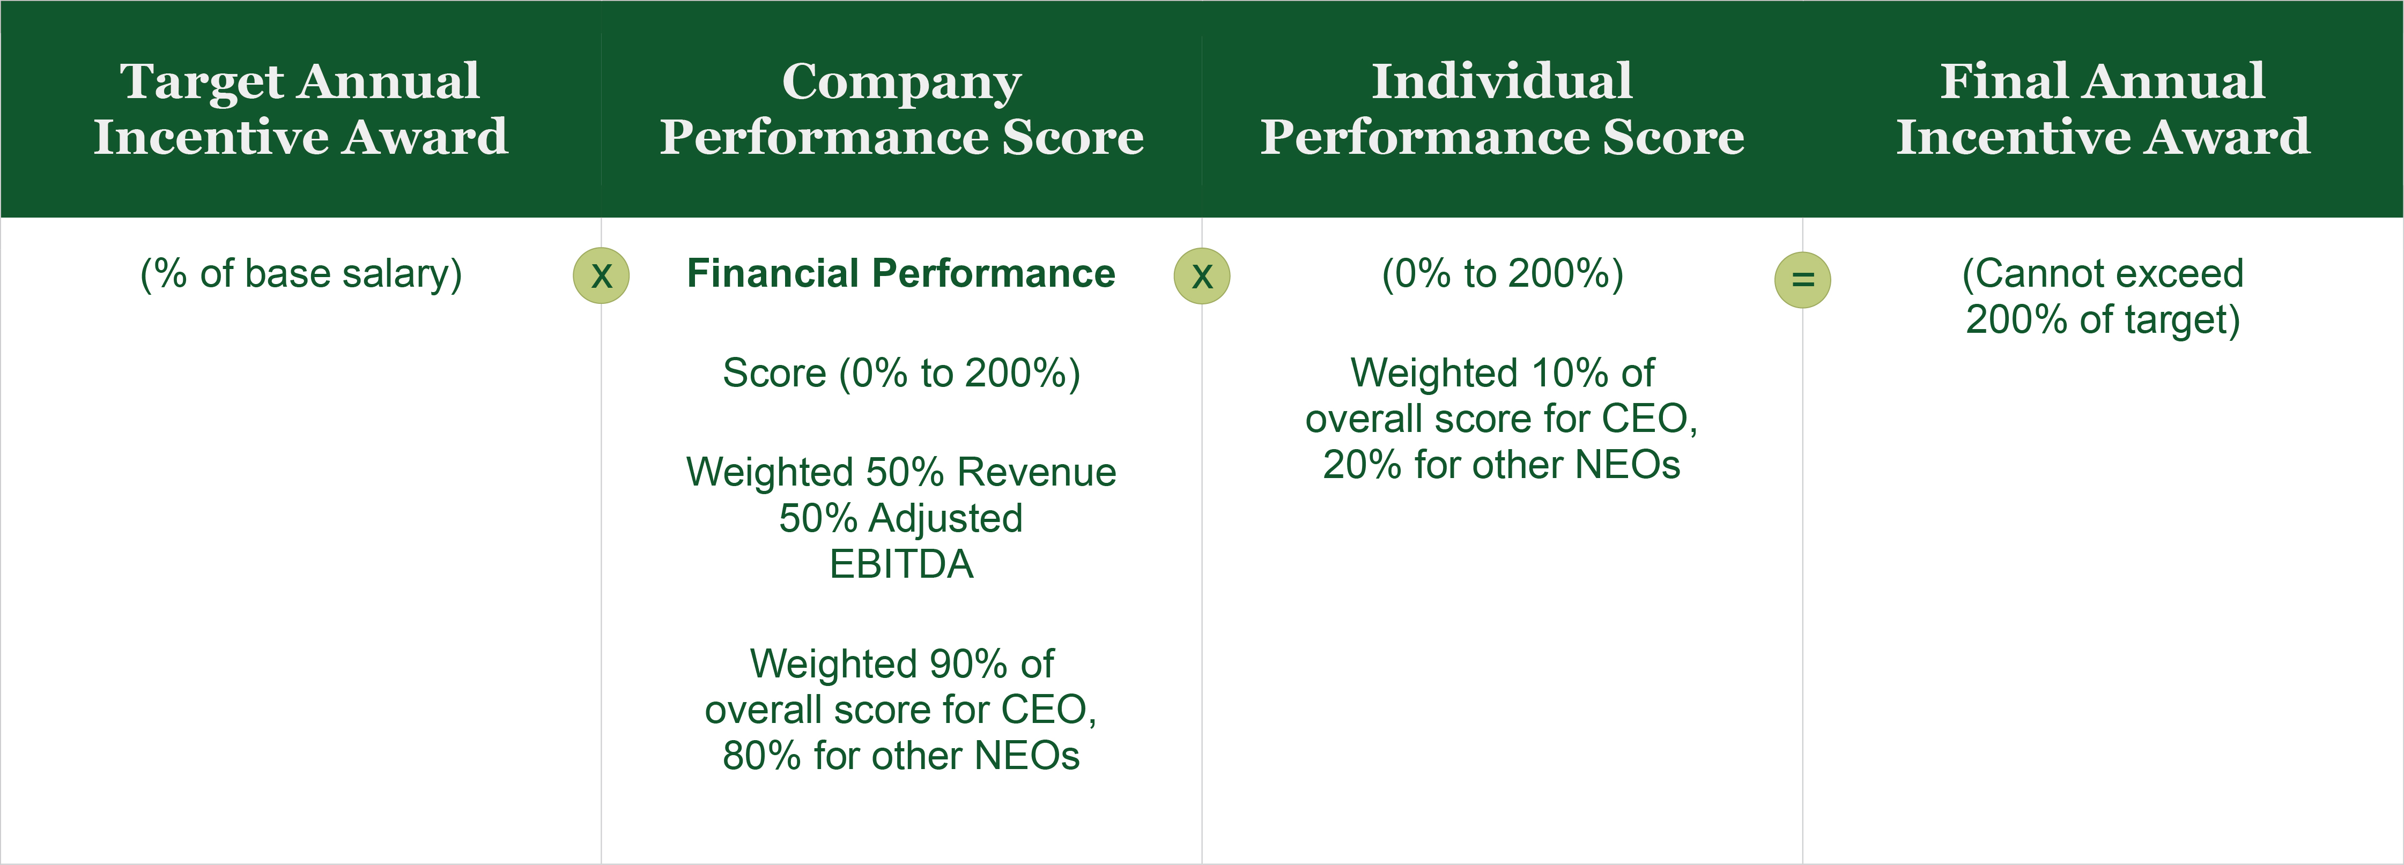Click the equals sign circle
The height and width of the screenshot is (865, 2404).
(1802, 280)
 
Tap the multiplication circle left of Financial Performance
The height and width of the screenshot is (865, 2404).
(601, 276)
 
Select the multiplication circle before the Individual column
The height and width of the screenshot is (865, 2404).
(1202, 276)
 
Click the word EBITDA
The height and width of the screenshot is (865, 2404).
(901, 564)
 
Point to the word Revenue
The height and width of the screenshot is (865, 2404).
(1037, 472)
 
